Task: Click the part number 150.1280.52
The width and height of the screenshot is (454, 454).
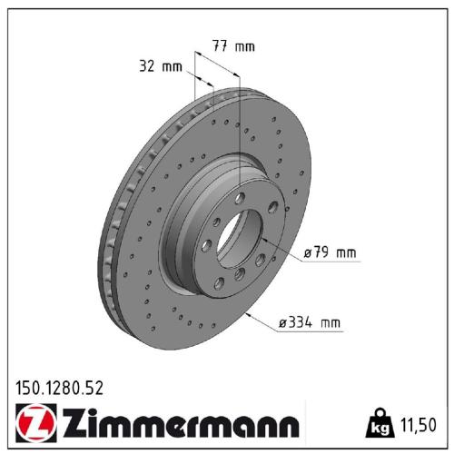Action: click(60, 387)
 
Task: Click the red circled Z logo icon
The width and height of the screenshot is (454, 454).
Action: click(34, 423)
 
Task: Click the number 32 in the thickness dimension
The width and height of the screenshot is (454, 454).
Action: click(148, 66)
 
